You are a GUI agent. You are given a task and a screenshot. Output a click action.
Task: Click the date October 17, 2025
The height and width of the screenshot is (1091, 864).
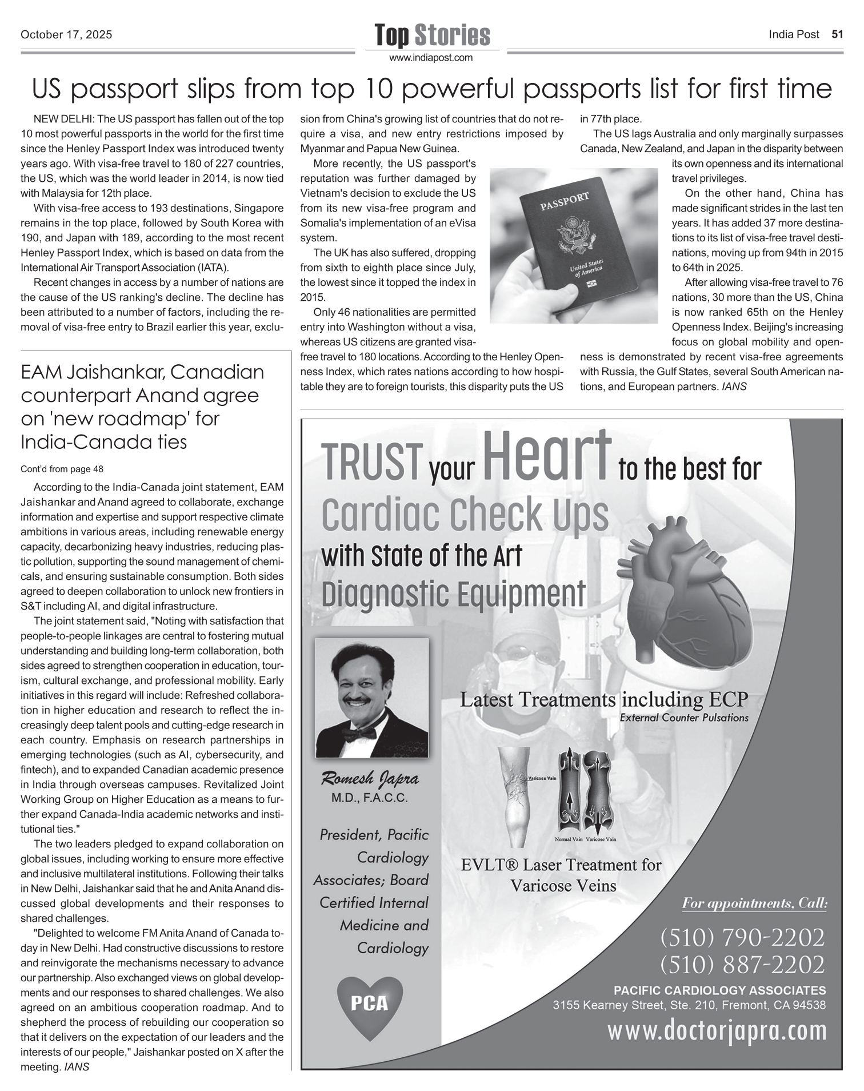pyautogui.click(x=66, y=35)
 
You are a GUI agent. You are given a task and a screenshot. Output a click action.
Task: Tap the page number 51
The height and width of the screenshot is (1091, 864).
pyautogui.click(x=837, y=34)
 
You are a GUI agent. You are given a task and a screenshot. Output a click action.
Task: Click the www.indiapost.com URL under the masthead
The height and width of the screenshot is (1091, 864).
pyautogui.click(x=431, y=58)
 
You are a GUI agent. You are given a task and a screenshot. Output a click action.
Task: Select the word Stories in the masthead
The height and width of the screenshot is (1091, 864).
pyautogui.click(x=452, y=35)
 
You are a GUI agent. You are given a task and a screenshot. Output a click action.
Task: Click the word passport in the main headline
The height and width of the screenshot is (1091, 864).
pyautogui.click(x=123, y=89)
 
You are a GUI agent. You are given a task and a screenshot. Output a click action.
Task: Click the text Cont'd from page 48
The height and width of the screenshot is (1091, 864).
pyautogui.click(x=62, y=469)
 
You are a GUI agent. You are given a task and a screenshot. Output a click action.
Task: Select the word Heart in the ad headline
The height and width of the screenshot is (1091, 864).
pyautogui.click(x=547, y=456)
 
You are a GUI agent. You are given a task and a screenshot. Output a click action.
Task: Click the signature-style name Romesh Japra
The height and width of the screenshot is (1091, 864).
pyautogui.click(x=370, y=779)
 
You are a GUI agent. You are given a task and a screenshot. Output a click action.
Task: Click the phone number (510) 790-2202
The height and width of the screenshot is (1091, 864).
pyautogui.click(x=742, y=938)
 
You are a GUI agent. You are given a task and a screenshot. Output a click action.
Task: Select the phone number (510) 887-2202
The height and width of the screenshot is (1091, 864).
pyautogui.click(x=742, y=965)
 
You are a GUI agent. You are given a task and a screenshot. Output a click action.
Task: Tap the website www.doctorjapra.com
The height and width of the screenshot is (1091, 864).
pyautogui.click(x=717, y=1031)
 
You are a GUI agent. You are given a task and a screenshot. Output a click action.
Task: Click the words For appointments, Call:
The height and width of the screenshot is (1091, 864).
pyautogui.click(x=754, y=903)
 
